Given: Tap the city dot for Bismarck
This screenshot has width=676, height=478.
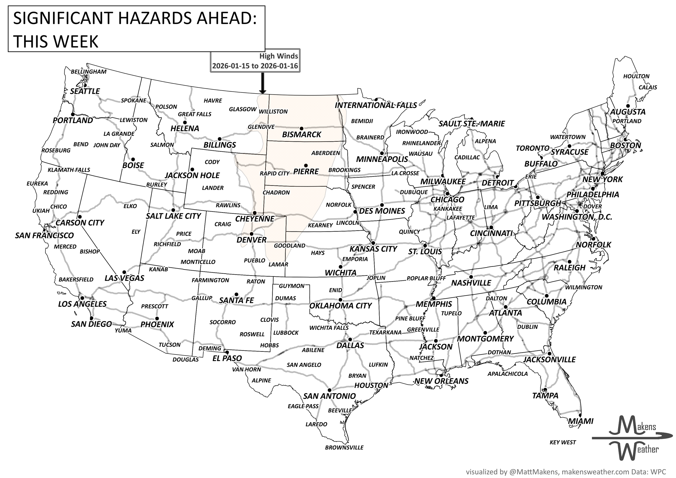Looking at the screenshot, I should pyautogui.click(x=301, y=129).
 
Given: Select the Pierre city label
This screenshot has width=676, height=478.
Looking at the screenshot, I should pyautogui.click(x=306, y=171).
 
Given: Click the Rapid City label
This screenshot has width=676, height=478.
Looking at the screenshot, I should pyautogui.click(x=274, y=173).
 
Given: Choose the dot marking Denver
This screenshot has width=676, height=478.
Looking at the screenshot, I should pyautogui.click(x=251, y=234).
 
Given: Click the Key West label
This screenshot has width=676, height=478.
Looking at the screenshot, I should pyautogui.click(x=563, y=442).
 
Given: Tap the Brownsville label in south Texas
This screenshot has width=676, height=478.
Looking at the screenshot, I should pyautogui.click(x=344, y=448).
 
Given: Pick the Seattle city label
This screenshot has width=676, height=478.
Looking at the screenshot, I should pyautogui.click(x=85, y=91).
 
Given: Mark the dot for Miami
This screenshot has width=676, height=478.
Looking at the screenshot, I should pyautogui.click(x=580, y=415).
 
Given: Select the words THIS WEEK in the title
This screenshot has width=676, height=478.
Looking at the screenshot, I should pyautogui.click(x=56, y=42).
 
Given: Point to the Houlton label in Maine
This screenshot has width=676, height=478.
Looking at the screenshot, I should pyautogui.click(x=636, y=76).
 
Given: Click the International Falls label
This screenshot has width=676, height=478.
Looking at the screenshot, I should pyautogui.click(x=376, y=105).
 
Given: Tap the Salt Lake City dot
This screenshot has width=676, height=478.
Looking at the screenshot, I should pyautogui.click(x=173, y=210).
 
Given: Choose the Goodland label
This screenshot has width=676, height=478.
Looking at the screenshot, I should pyautogui.click(x=289, y=245).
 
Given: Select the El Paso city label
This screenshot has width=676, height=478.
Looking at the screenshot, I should pyautogui.click(x=227, y=358).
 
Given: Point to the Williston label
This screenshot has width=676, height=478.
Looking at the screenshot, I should pyautogui.click(x=273, y=112).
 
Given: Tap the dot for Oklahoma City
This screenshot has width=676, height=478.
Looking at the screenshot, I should pyautogui.click(x=341, y=299).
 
